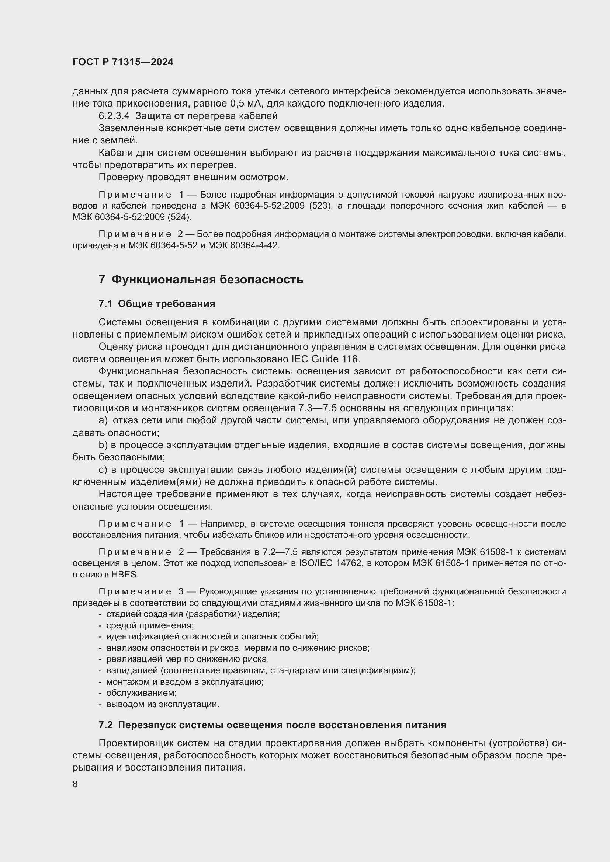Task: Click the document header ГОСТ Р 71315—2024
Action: pos(123,62)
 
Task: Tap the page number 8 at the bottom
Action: pos(75,784)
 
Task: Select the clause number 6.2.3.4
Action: pos(114,116)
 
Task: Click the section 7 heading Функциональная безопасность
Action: pos(201,279)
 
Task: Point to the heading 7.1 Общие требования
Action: pos(157,304)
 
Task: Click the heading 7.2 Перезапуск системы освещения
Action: pos(272,725)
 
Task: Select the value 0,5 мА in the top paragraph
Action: pos(243,104)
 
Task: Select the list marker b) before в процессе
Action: pos(103,445)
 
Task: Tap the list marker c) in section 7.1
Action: pos(103,470)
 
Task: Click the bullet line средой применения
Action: pos(150,625)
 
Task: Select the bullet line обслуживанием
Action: pos(141,693)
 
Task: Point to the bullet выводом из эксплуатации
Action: pos(163,704)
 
